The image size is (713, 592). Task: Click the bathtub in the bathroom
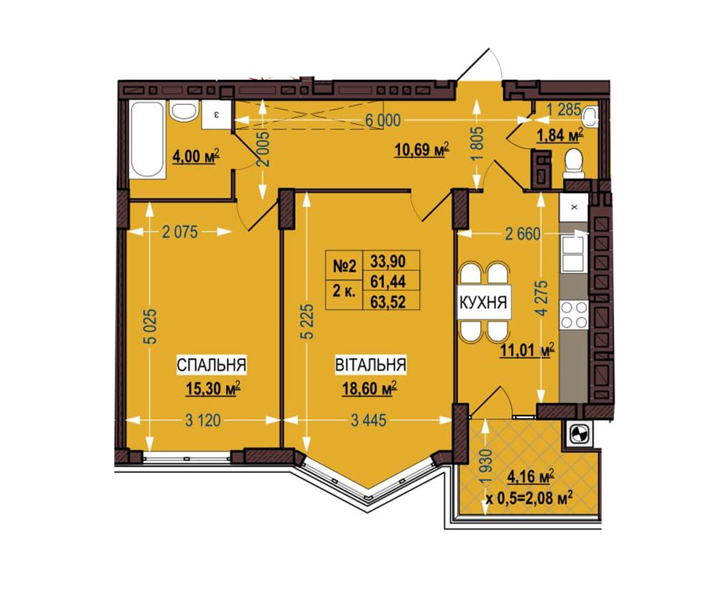pos(146,140)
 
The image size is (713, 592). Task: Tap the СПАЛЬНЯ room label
pos(212,365)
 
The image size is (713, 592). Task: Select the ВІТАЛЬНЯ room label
pos(371,365)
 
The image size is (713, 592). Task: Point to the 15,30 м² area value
pos(212,389)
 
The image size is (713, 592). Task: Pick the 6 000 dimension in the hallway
pos(384,121)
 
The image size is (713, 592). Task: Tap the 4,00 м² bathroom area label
pos(195,156)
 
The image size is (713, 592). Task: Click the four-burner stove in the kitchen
pos(574,315)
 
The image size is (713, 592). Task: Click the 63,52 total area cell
pos(388,301)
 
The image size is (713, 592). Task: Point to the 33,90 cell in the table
pos(388,261)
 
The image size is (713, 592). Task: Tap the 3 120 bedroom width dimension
pos(202,420)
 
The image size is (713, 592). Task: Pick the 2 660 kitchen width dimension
pos(523,234)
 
